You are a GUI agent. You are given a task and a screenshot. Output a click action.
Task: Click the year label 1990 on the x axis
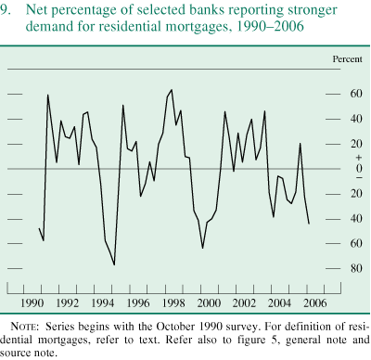click(32, 303)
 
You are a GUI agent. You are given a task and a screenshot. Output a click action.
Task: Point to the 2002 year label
click(243, 303)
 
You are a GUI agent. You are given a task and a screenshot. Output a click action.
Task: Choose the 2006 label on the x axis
click(313, 303)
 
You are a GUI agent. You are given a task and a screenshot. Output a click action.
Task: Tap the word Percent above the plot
click(345, 59)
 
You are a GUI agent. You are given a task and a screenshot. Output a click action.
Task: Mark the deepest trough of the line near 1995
click(114, 264)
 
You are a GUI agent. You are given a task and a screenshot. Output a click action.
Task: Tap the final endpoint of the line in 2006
click(309, 224)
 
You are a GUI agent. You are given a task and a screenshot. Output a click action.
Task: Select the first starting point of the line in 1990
click(40, 228)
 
